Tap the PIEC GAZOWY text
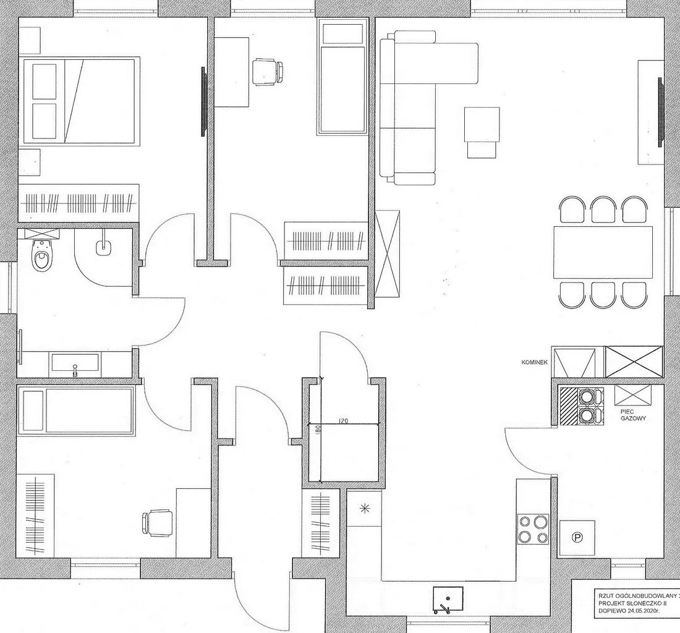(x=634, y=415)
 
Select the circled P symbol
(x=577, y=538)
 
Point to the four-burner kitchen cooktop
(x=533, y=529)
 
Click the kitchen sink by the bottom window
(x=446, y=598)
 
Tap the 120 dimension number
(x=344, y=420)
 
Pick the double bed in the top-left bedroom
(x=79, y=101)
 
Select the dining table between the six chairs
(x=603, y=252)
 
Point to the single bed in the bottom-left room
(x=75, y=410)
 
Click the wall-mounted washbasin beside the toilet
(x=103, y=247)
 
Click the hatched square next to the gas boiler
(x=566, y=406)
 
